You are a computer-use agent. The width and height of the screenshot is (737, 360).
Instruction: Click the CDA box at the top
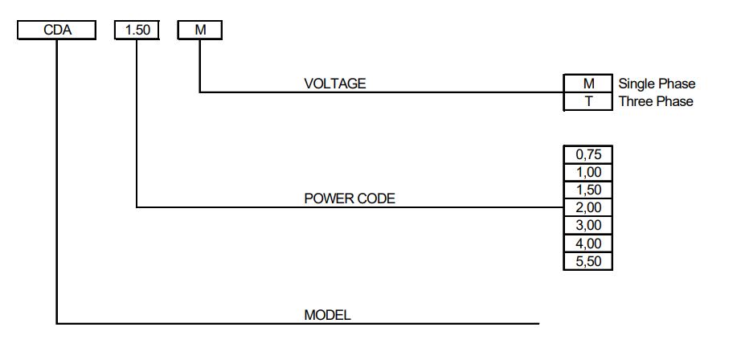point(56,30)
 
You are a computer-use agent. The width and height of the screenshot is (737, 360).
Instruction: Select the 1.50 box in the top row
point(137,30)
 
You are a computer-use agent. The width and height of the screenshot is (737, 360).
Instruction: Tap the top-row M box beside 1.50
point(199,30)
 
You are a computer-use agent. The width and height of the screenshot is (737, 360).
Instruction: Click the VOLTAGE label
point(334,83)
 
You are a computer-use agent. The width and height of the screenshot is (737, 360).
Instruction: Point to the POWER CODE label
point(350,198)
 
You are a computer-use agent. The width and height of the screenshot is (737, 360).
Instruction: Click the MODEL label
point(327,315)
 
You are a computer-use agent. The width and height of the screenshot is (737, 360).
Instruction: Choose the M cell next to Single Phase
point(588,84)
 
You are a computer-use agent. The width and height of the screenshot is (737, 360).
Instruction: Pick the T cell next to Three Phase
point(588,102)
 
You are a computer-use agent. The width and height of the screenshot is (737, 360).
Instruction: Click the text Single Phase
point(657,84)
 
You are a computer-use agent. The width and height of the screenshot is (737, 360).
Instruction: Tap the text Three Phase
point(656,102)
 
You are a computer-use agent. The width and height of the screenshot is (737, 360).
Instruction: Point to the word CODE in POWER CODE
point(377,198)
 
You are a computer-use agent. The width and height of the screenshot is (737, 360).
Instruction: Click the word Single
point(637,84)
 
